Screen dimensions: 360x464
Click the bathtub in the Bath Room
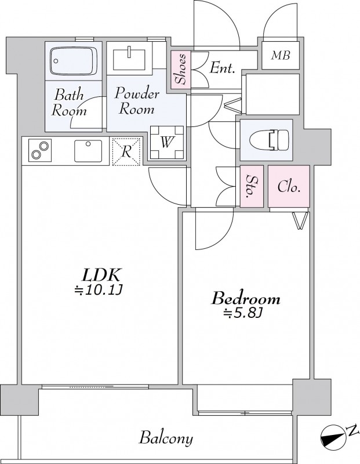coord(74,61)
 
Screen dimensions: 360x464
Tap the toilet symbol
coord(269,140)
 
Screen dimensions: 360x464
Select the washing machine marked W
coord(167,143)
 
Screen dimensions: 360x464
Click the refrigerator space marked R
coord(126,151)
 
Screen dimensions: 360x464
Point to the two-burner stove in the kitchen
coord(39,151)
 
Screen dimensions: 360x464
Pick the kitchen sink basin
coord(88,151)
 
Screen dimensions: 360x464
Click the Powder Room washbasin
coord(129,60)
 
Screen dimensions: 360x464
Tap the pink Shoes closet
coord(181,69)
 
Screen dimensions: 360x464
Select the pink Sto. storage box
coord(252,186)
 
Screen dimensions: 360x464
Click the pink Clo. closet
coord(289,186)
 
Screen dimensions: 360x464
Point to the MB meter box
coord(281,55)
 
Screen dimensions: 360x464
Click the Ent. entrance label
coord(222,68)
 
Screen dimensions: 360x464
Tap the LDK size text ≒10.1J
coord(98,291)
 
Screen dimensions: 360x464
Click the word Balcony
coord(166,438)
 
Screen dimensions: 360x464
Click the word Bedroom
coord(246,299)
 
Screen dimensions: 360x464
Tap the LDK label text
coord(101,275)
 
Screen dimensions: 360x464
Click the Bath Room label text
coord(69,103)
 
